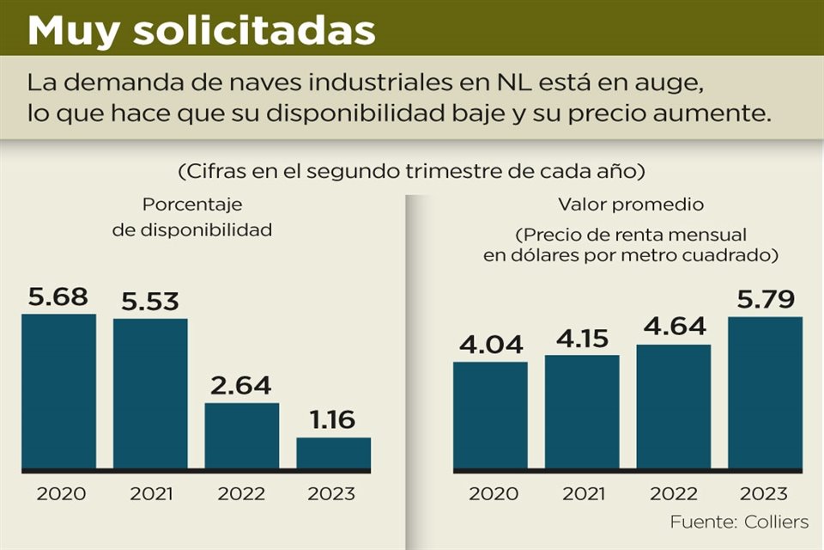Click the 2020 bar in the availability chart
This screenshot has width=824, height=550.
click(58, 392)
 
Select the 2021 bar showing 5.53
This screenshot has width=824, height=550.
click(150, 394)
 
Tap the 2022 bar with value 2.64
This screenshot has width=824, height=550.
click(241, 437)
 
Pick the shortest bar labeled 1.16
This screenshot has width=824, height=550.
click(333, 454)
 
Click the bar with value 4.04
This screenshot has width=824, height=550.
click(490, 416)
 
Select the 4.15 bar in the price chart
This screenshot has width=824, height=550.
click(582, 412)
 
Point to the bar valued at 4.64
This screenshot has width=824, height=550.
click(673, 407)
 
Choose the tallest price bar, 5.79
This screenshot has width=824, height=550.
click(765, 394)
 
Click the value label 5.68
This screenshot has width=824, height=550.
click(58, 297)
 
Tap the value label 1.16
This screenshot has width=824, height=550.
click(333, 420)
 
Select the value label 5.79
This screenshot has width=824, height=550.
click(765, 301)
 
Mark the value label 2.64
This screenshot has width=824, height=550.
click(241, 386)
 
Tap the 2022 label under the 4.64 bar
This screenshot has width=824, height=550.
click(673, 494)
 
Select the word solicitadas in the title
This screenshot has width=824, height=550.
click(255, 31)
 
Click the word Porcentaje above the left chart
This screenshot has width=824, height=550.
click(192, 205)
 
